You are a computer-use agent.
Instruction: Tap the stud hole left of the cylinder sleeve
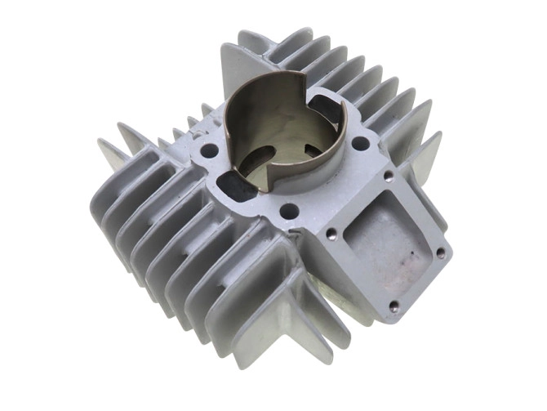(210, 150)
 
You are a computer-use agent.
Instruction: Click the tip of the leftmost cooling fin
(101, 145)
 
